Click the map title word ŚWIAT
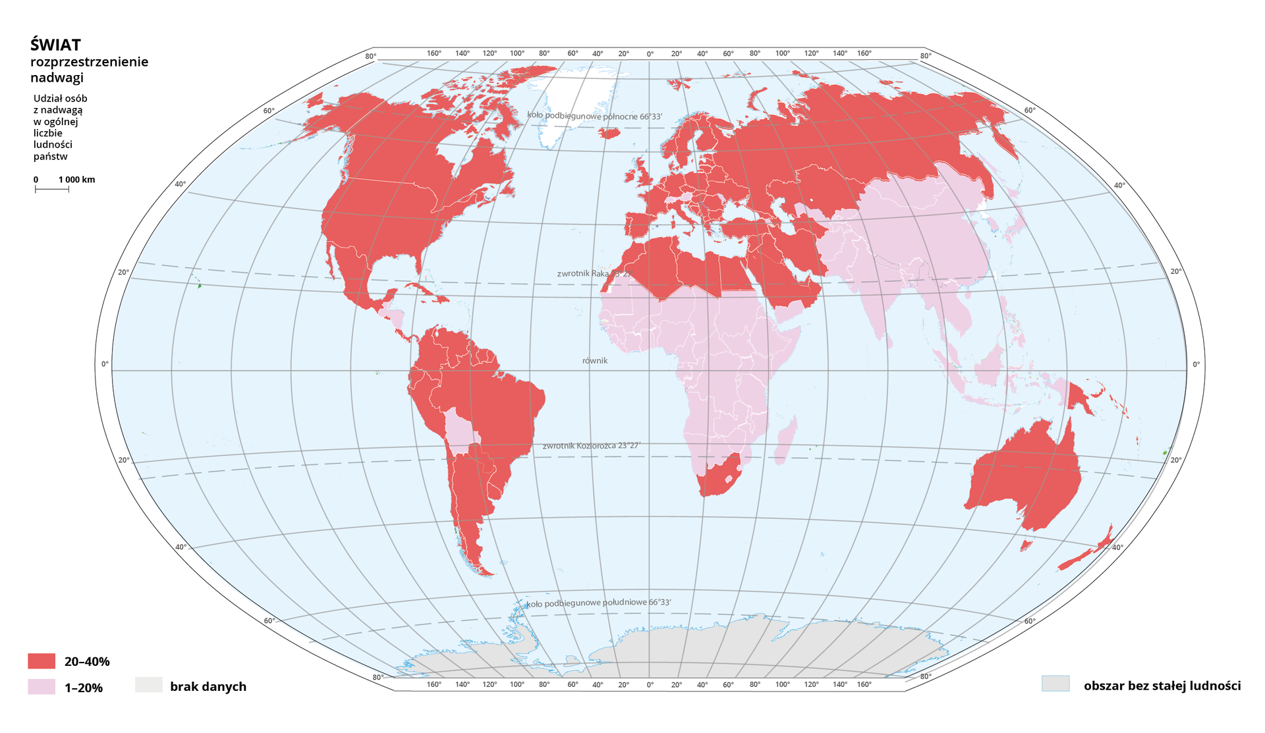point(55,45)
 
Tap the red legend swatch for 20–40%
point(42,661)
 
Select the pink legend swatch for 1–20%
point(42,687)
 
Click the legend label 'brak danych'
point(208,686)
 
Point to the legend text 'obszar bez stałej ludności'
point(1162,686)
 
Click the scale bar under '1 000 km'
point(51,190)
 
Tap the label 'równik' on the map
point(595,361)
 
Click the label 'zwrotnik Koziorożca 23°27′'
point(591,446)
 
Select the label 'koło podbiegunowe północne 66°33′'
point(594,116)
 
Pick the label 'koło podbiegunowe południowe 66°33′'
point(598,603)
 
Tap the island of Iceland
point(611,133)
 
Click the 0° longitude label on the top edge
point(650,53)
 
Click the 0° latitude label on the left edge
point(105,364)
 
